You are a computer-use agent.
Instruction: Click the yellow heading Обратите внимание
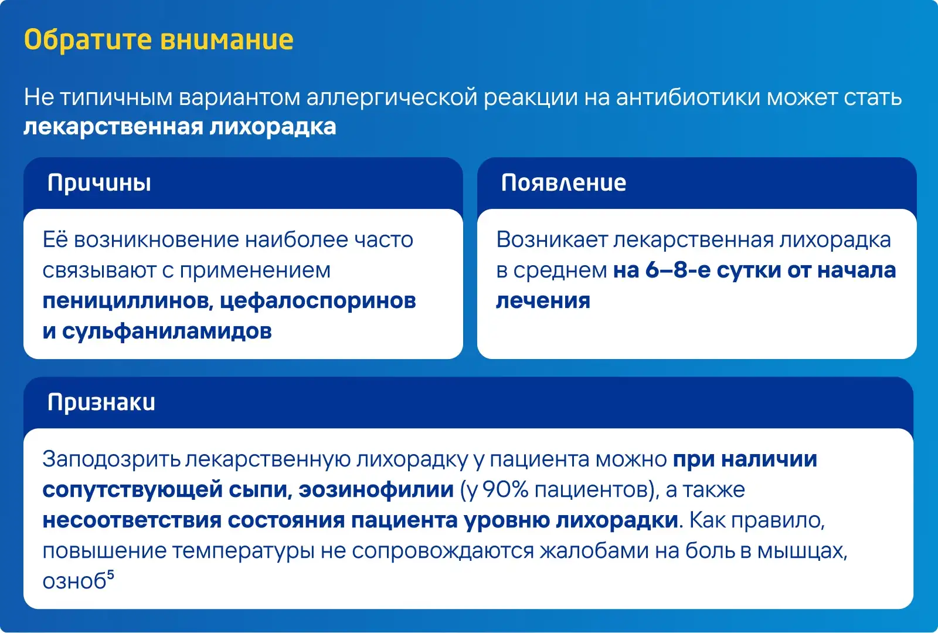(x=159, y=40)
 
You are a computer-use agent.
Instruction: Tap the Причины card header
(x=99, y=183)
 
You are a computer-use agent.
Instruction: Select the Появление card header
(x=563, y=182)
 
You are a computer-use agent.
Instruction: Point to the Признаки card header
(x=101, y=402)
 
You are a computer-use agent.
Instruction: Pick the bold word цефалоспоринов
(x=318, y=301)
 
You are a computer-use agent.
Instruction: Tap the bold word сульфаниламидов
(x=166, y=331)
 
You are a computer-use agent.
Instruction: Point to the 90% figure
(x=505, y=489)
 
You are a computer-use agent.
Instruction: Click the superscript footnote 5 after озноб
(x=111, y=574)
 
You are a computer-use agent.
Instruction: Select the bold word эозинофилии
(x=376, y=490)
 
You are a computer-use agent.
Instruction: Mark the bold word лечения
(x=543, y=301)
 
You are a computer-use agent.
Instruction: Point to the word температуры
(x=243, y=551)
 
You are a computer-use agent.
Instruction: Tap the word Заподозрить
(x=111, y=459)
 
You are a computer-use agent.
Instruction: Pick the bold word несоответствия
(x=132, y=520)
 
